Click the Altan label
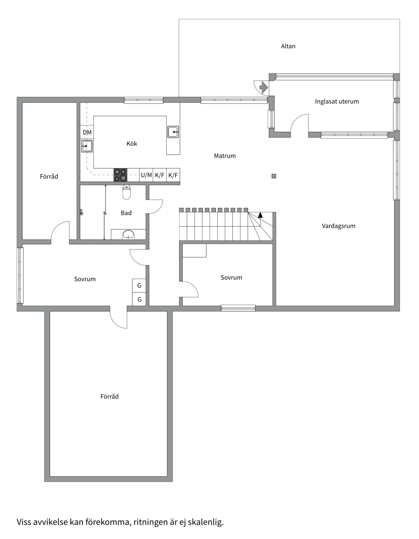coord(288,46)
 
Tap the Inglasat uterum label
coord(337,101)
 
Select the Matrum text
coord(225,156)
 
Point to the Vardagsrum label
coord(338,226)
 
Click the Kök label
coord(132,144)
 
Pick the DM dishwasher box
coord(87,132)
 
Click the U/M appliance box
coord(146,175)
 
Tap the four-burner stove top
coord(120,175)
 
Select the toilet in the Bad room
coord(126,192)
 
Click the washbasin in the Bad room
coord(128,234)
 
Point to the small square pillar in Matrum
coord(274,176)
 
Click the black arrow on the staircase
coord(260,215)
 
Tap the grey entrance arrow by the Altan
coord(264,88)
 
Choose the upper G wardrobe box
coord(139,285)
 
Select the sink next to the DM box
coord(87,146)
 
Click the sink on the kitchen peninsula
coord(173,132)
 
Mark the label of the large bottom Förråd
coord(109,397)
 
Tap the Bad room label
coord(126,213)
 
